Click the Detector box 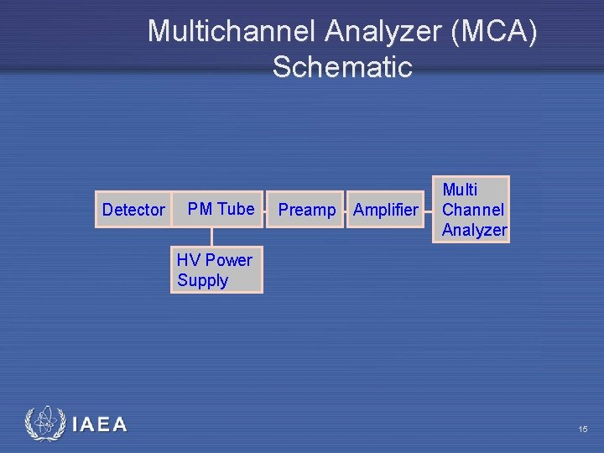133,210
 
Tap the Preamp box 306,210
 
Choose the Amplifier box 385,210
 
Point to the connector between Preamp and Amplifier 344,210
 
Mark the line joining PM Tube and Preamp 266,210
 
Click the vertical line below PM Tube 211,237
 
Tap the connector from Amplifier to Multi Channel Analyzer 428,210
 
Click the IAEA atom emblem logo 43,424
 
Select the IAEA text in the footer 100,424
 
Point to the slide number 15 582,430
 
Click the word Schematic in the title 341,67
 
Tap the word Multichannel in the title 232,32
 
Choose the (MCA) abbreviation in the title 494,32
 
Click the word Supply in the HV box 202,280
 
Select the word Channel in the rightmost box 473,210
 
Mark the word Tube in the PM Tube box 236,208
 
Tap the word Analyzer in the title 383,32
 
